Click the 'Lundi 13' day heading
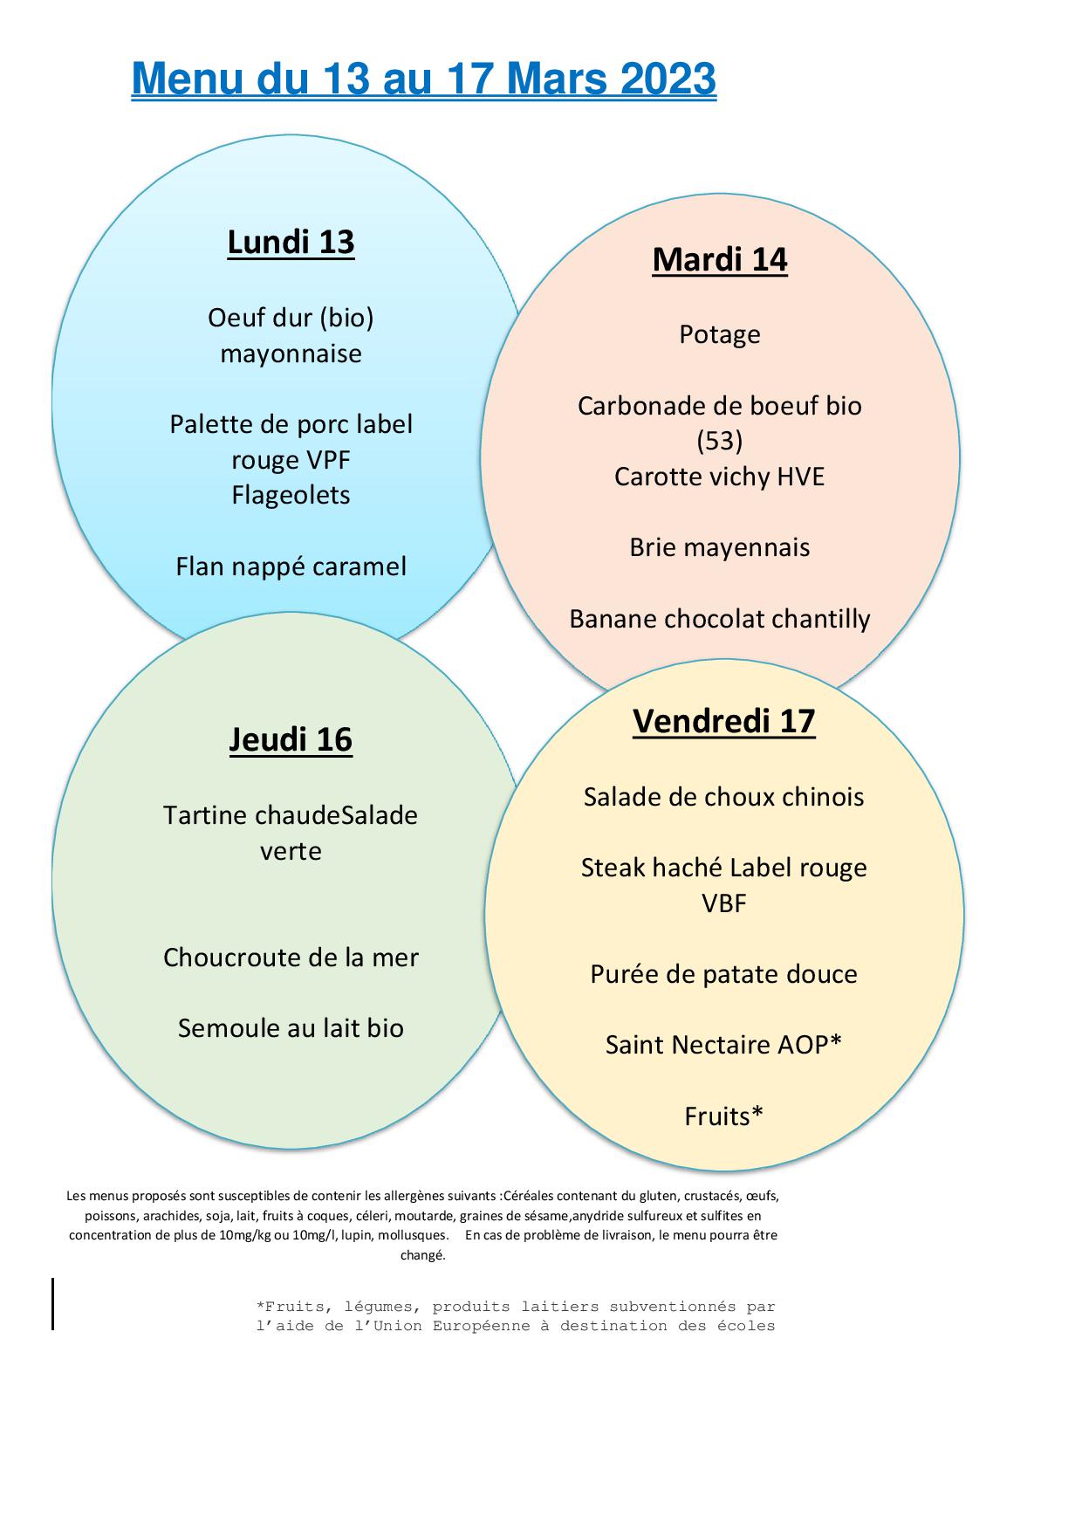291,242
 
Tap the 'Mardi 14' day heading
720,259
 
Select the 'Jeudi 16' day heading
291,739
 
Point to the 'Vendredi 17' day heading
724,721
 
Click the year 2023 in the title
668,79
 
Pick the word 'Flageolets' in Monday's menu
291,495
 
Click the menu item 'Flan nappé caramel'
291,566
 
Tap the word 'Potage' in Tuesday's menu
720,334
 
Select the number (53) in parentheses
720,441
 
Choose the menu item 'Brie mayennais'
720,547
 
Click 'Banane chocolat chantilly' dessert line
720,619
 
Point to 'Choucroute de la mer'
291,958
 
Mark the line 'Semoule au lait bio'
291,1028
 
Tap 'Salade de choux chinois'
724,797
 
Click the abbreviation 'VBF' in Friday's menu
724,903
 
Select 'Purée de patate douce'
724,974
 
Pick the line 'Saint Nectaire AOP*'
724,1045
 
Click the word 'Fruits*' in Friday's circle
724,1116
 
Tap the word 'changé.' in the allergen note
423,1255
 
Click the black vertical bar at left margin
52,1303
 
